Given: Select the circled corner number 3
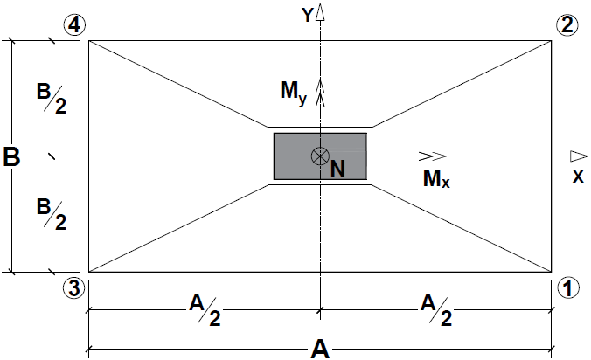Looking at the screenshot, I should pyautogui.click(x=74, y=287).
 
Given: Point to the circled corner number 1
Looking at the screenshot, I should pyautogui.click(x=567, y=287).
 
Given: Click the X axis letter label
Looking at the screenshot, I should pyautogui.click(x=577, y=176).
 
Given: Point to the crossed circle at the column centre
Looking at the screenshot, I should pyautogui.click(x=321, y=156).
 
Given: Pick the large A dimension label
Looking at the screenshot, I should pyautogui.click(x=321, y=349).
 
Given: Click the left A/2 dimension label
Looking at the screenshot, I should pyautogui.click(x=205, y=310).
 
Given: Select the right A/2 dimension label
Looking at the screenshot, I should pyautogui.click(x=435, y=310).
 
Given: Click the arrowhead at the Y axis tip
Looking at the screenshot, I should pyautogui.click(x=321, y=12).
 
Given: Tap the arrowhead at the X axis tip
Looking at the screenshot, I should pyautogui.click(x=577, y=156).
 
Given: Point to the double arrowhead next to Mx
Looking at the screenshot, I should pyautogui.click(x=428, y=156).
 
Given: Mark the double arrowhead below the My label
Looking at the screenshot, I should pyautogui.click(x=321, y=86).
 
